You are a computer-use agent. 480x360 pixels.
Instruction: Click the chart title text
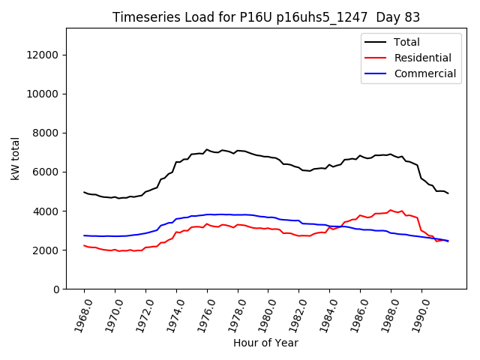266,17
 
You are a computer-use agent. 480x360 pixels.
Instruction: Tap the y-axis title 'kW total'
16,158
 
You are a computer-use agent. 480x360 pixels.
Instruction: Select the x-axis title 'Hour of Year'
265,343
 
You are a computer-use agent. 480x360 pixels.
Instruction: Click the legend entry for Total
406,42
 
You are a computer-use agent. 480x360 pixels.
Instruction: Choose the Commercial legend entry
424,73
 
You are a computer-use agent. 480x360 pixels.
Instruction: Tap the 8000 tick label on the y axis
46,133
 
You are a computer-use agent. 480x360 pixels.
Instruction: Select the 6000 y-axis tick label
46,172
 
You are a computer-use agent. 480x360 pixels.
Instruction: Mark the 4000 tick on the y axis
46,211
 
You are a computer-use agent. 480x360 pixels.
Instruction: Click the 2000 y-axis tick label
46,250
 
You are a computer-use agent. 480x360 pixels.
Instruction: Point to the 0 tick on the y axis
57,289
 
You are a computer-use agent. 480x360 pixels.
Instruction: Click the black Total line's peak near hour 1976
207,149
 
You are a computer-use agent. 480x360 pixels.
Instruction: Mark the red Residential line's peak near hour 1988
390,210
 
